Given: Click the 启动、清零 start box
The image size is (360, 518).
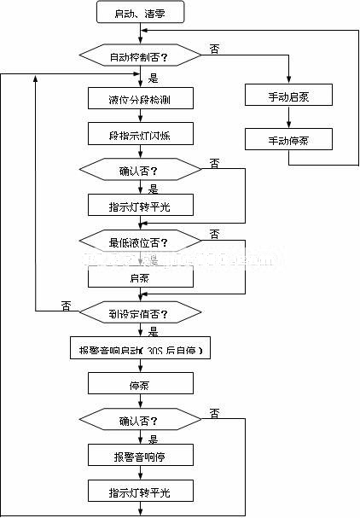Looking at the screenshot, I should (139, 14).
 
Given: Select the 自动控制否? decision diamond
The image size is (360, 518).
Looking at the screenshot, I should (139, 57).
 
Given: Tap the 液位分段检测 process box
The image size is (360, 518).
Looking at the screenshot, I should (140, 99).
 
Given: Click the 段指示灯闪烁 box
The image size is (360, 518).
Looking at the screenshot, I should (140, 134).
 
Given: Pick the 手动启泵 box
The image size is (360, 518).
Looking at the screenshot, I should (288, 96).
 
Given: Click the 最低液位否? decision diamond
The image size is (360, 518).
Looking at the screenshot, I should (139, 242).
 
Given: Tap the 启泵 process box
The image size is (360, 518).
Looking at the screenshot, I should (140, 277).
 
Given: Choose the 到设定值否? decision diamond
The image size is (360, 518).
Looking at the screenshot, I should (139, 312).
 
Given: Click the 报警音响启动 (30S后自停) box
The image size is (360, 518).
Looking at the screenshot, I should (140, 349).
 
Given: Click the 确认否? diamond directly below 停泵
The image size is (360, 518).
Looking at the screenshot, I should (139, 420).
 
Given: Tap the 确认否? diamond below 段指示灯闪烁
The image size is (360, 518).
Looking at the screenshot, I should (139, 170).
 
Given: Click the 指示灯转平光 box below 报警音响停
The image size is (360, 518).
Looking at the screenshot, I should (140, 492).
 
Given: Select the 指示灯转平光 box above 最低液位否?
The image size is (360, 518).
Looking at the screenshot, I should (140, 206).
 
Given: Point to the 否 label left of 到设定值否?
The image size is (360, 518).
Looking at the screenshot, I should (65, 306).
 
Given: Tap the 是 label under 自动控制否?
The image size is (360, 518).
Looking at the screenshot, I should (154, 78).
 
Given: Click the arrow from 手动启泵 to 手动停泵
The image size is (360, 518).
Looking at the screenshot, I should (288, 117).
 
